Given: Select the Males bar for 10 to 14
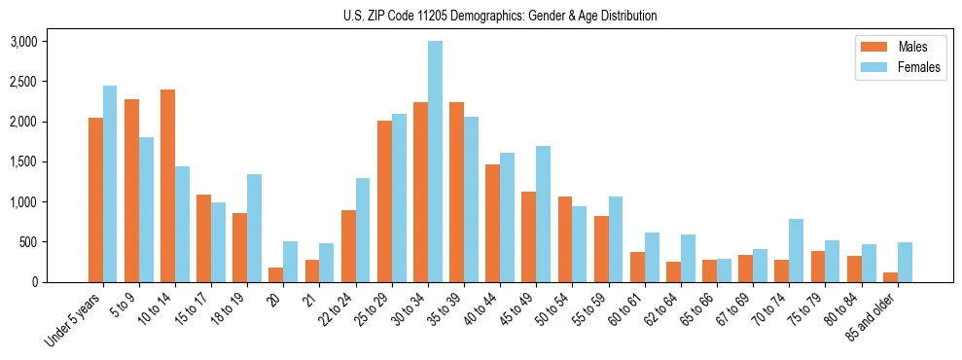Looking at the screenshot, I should tap(167, 186).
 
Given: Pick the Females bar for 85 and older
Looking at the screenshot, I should tap(905, 262).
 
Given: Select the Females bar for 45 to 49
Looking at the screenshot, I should tap(543, 214).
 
